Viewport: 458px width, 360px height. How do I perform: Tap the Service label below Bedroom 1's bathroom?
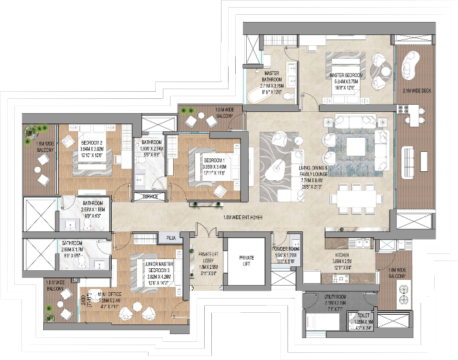[151, 196]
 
